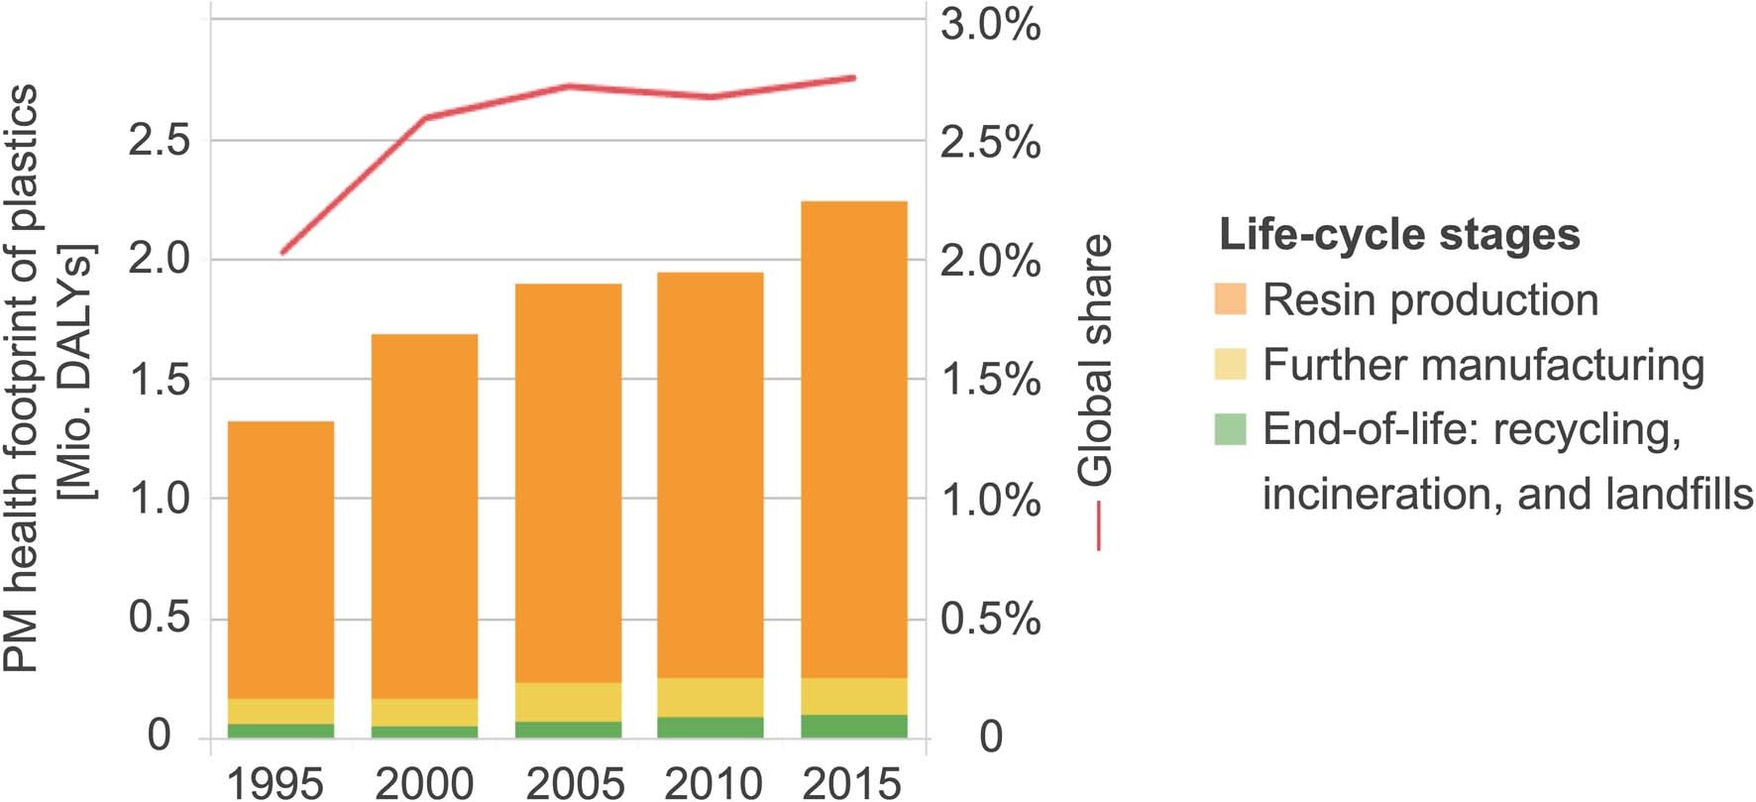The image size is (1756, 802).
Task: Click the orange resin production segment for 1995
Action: [281, 560]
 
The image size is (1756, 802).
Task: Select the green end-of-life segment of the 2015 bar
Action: [853, 727]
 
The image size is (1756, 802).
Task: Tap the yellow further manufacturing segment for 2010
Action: [711, 698]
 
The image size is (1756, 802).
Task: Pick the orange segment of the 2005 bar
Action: [568, 483]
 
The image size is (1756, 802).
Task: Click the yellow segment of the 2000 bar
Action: [425, 712]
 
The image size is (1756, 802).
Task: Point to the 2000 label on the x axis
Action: [425, 784]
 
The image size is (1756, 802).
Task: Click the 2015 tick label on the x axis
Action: [851, 784]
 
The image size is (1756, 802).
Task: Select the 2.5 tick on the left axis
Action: [159, 141]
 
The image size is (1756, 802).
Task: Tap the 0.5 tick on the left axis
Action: [159, 619]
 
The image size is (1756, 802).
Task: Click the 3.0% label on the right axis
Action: [990, 25]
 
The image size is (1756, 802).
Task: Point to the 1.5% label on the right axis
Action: [990, 380]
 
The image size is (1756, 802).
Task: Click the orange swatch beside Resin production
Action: [1230, 299]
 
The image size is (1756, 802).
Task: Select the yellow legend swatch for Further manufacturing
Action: [1230, 364]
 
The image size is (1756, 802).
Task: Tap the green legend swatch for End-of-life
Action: [1230, 429]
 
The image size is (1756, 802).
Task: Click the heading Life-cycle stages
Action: [1398, 235]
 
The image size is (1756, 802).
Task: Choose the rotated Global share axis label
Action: [1096, 361]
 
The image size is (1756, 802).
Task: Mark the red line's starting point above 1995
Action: [282, 253]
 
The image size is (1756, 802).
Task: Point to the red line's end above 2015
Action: [854, 77]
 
